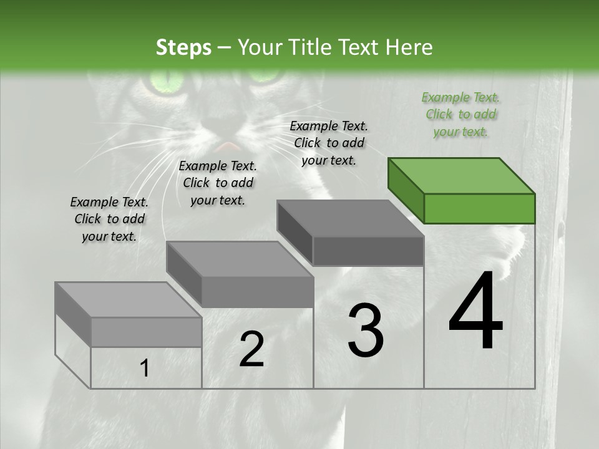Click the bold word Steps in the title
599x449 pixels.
coord(183,47)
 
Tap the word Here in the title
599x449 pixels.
coord(409,47)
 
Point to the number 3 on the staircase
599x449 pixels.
coord(365,331)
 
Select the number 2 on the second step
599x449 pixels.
coord(251,349)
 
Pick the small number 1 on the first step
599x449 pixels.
coord(145,369)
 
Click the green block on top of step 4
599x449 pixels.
coord(462,190)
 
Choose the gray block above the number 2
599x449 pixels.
coord(240,274)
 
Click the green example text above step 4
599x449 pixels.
coord(460,114)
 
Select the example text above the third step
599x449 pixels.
coord(329,143)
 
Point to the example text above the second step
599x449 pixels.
coord(218,183)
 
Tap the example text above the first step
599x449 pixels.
coord(109,219)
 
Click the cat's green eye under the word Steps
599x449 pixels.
coord(163,82)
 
